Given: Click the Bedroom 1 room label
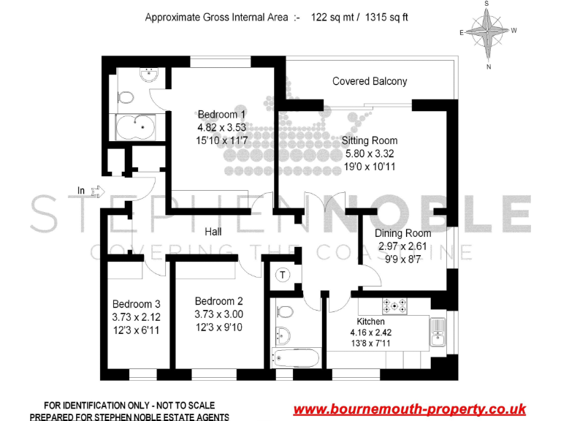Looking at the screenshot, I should pyautogui.click(x=221, y=114).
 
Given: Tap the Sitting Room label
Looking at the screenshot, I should pyautogui.click(x=370, y=140).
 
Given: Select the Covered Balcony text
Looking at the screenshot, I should pyautogui.click(x=370, y=81).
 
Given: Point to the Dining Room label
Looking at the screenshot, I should pyautogui.click(x=402, y=233).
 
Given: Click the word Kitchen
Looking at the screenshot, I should pyautogui.click(x=370, y=322).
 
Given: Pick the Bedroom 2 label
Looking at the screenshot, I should pyautogui.click(x=218, y=301).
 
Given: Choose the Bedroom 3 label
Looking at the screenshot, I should pyautogui.click(x=136, y=304).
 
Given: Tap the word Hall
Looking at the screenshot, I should pyautogui.click(x=213, y=232).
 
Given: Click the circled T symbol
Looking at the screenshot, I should pyautogui.click(x=282, y=275).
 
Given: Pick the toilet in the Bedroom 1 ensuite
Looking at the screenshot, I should pyautogui.click(x=126, y=96).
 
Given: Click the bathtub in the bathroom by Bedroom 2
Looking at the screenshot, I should pyautogui.click(x=296, y=358).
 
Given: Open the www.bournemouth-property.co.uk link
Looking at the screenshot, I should pyautogui.click(x=409, y=409).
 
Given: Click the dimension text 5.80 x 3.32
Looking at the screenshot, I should pyautogui.click(x=370, y=153).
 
